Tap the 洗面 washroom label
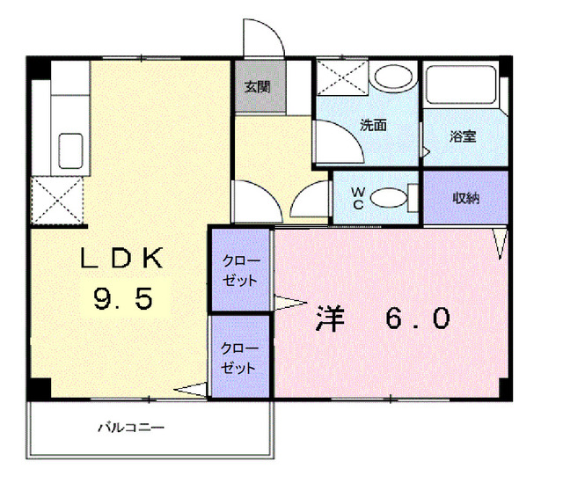click(x=373, y=125)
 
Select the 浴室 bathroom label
click(x=463, y=136)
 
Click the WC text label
click(x=359, y=197)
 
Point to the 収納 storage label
click(x=465, y=197)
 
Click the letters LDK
click(x=122, y=259)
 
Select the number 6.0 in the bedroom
click(x=416, y=318)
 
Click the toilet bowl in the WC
click(x=391, y=198)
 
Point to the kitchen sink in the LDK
click(x=69, y=148)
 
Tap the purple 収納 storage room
click(x=465, y=197)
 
